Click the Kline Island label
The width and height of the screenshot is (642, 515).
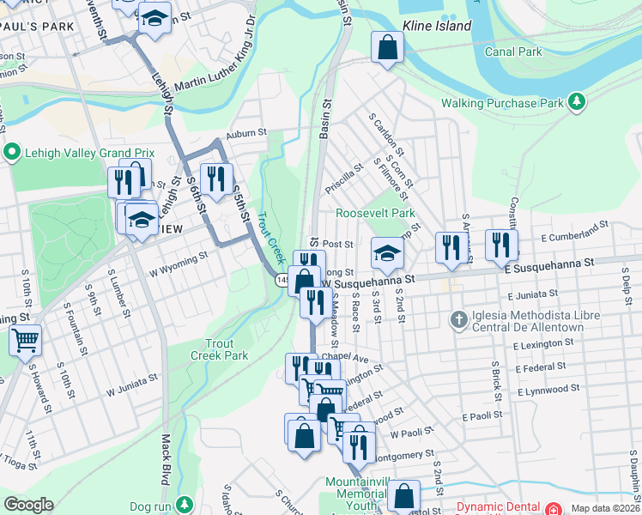[437, 26]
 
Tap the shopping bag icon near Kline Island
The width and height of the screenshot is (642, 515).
[388, 49]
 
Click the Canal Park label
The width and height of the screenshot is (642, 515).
[519, 51]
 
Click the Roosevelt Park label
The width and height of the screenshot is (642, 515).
[375, 213]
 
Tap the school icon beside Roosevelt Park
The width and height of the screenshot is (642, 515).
[388, 253]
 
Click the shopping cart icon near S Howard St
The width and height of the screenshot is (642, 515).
[26, 341]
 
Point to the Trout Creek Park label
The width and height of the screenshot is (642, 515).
[219, 348]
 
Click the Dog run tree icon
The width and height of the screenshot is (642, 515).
[183, 505]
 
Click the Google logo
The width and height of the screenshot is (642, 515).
[28, 505]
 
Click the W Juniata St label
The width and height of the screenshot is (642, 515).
[132, 384]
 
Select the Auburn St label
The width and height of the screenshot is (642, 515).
[247, 134]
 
